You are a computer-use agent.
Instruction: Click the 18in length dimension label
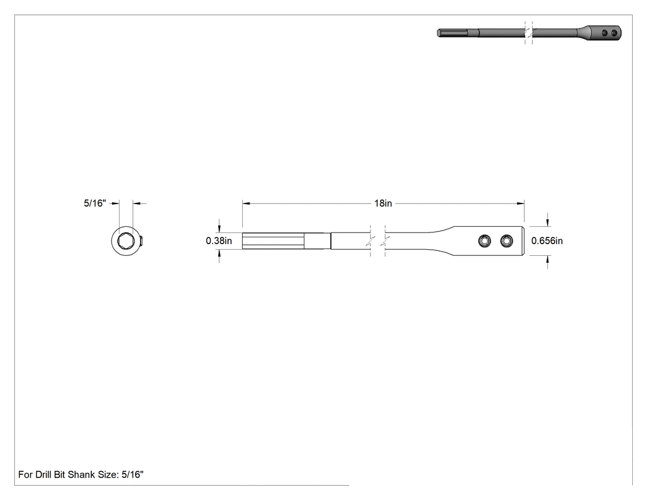tap(383, 203)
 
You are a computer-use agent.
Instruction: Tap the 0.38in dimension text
tap(219, 240)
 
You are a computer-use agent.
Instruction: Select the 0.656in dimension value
tap(547, 240)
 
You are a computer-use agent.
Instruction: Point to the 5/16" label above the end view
tap(95, 203)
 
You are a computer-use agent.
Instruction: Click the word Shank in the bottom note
tap(81, 474)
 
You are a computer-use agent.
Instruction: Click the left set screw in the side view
tap(484, 240)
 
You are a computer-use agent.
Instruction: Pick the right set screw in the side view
tap(507, 240)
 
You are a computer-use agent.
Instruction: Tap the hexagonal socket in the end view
tap(126, 240)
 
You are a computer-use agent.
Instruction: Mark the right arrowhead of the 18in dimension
tap(521, 203)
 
